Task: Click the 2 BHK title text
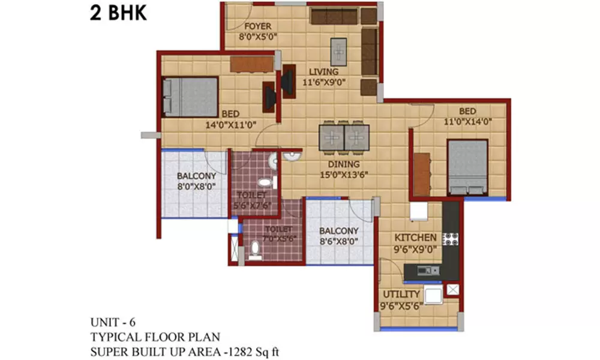118,14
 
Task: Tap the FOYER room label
257,26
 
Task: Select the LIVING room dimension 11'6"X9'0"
324,83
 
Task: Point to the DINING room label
344,164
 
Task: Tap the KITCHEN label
415,238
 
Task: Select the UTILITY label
401,294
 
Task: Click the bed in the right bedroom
467,167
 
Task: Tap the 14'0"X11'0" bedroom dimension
232,125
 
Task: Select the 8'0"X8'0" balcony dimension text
196,187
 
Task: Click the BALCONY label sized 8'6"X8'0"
338,231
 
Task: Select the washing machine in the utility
433,295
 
